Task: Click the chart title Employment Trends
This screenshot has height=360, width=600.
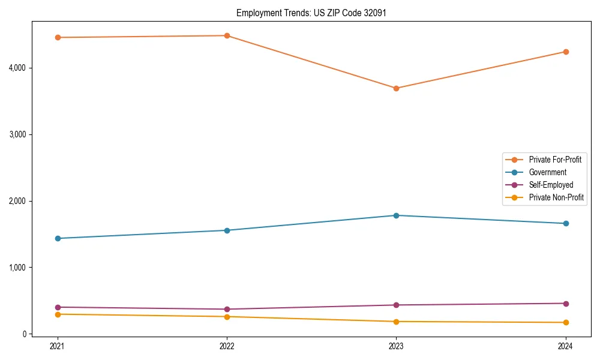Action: [x=307, y=13]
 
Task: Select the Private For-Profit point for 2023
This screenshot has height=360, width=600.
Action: [x=396, y=88]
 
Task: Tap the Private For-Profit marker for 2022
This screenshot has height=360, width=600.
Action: [x=227, y=35]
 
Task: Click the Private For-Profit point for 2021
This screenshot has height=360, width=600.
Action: [x=58, y=37]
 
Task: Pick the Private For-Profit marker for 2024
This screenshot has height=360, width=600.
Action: [x=566, y=52]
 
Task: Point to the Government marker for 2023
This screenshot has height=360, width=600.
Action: [x=396, y=215]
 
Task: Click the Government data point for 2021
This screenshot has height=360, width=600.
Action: [x=58, y=238]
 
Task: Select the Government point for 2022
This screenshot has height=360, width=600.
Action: [x=227, y=230]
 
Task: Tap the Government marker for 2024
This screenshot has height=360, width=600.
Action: [x=566, y=223]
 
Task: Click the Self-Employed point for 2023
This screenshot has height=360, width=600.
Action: [x=396, y=305]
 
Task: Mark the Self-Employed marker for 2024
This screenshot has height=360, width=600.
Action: [x=566, y=303]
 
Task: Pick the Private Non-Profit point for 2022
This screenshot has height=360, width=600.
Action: [x=227, y=317]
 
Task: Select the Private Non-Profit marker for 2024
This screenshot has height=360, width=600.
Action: [x=566, y=323]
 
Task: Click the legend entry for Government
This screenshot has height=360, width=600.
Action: [x=547, y=172]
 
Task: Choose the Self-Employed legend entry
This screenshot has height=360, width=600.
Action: [x=551, y=185]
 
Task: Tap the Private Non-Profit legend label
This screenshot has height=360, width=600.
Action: [x=556, y=197]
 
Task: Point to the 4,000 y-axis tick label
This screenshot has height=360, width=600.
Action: [x=17, y=68]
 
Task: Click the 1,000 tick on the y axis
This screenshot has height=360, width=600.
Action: [x=17, y=268]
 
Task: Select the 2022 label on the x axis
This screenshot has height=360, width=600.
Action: [x=227, y=346]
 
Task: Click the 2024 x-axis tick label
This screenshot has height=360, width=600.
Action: [x=566, y=346]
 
